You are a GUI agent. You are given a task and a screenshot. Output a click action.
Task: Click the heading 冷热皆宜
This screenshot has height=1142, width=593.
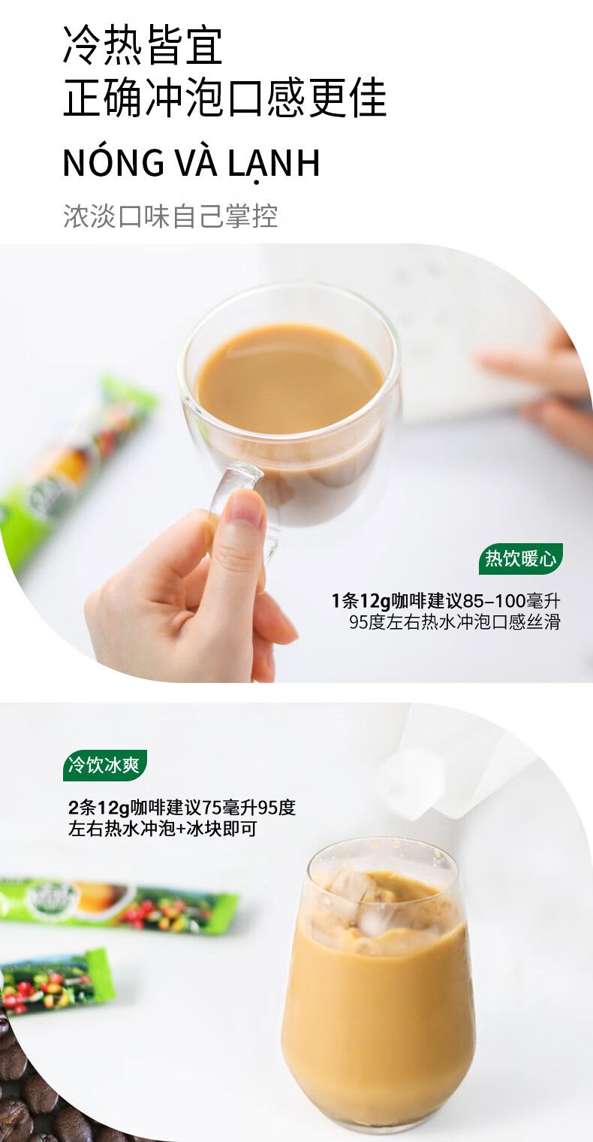pos(143,46)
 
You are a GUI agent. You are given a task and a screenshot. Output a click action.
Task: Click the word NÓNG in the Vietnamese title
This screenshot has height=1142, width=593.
pos(113,162)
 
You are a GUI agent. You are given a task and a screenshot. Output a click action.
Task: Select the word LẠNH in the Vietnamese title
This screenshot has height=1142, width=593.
pos(273,164)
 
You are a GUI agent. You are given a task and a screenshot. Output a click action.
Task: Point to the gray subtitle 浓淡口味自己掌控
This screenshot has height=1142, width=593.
pos(170,216)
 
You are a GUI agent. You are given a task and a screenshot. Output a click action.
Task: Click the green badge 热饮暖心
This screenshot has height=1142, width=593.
pos(521,559)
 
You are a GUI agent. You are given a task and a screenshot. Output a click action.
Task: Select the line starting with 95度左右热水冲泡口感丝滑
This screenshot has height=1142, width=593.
pos(454,623)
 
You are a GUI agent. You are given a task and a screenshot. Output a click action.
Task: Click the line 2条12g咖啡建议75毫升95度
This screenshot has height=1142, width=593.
pos(182,808)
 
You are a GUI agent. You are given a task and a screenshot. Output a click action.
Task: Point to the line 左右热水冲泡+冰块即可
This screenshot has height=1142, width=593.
pos(163,829)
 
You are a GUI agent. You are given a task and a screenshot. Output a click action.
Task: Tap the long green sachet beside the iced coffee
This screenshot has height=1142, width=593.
pos(118,905)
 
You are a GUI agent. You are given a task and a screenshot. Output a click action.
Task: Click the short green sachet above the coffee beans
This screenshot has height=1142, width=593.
pos(56,981)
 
